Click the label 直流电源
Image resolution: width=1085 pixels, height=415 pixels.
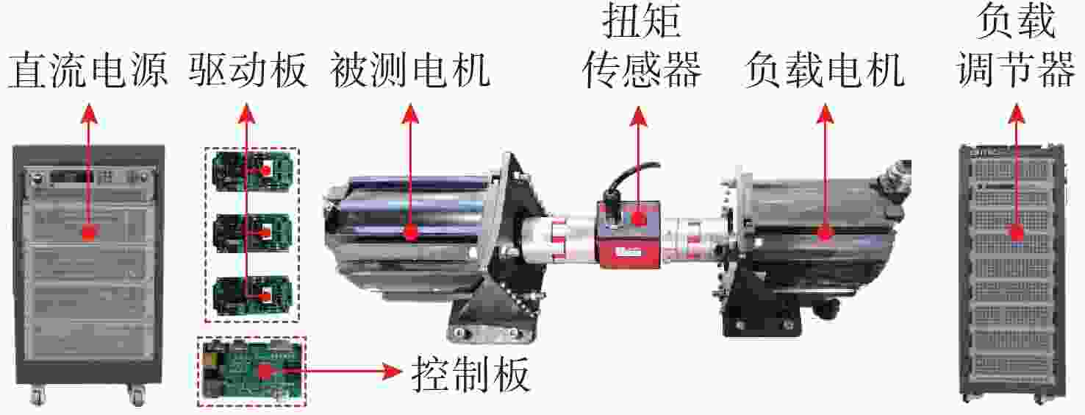click(x=88, y=71)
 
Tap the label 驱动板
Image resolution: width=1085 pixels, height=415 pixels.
click(x=248, y=71)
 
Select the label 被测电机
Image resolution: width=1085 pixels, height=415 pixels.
click(x=409, y=71)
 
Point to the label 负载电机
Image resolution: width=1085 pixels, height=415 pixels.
click(x=824, y=71)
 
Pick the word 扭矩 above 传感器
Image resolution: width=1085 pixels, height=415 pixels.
click(x=641, y=22)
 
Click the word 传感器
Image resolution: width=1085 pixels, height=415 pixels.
click(x=641, y=71)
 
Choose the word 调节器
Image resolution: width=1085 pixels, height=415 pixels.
click(x=1016, y=71)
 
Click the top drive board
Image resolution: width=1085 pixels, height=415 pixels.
click(x=252, y=171)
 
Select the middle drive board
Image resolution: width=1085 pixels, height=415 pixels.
click(x=252, y=233)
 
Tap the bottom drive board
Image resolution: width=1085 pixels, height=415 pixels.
click(x=252, y=295)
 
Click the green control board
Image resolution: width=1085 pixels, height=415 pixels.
click(x=251, y=372)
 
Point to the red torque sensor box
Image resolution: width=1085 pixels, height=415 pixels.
click(x=630, y=235)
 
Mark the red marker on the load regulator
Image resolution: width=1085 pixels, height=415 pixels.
click(x=1017, y=233)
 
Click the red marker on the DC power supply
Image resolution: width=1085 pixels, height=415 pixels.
click(x=88, y=233)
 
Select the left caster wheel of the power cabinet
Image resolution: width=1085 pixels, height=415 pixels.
click(x=37, y=396)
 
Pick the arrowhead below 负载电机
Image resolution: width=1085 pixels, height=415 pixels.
click(x=825, y=113)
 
